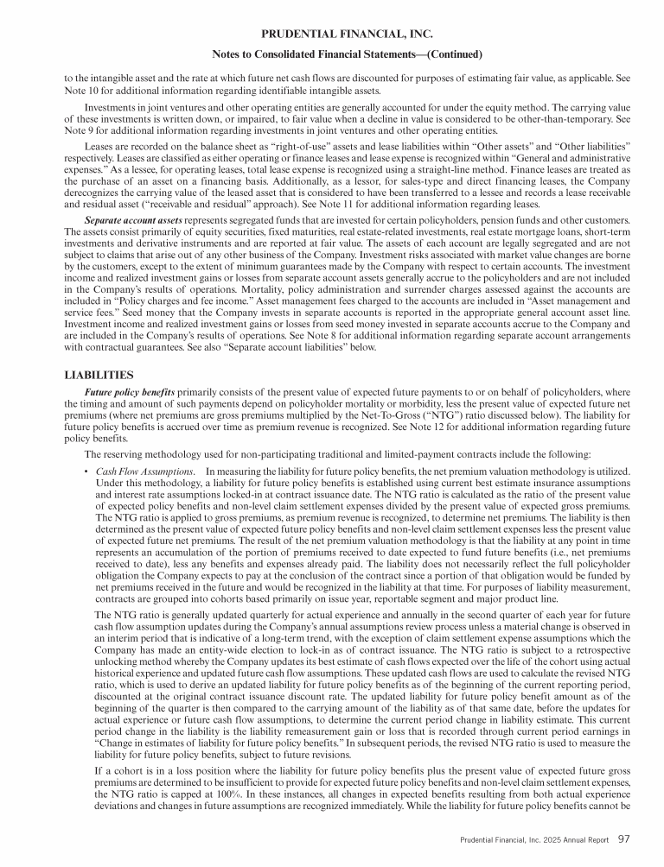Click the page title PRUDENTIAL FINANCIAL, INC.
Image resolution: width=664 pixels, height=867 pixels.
[332, 35]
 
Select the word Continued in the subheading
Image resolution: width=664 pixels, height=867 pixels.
[445, 54]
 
